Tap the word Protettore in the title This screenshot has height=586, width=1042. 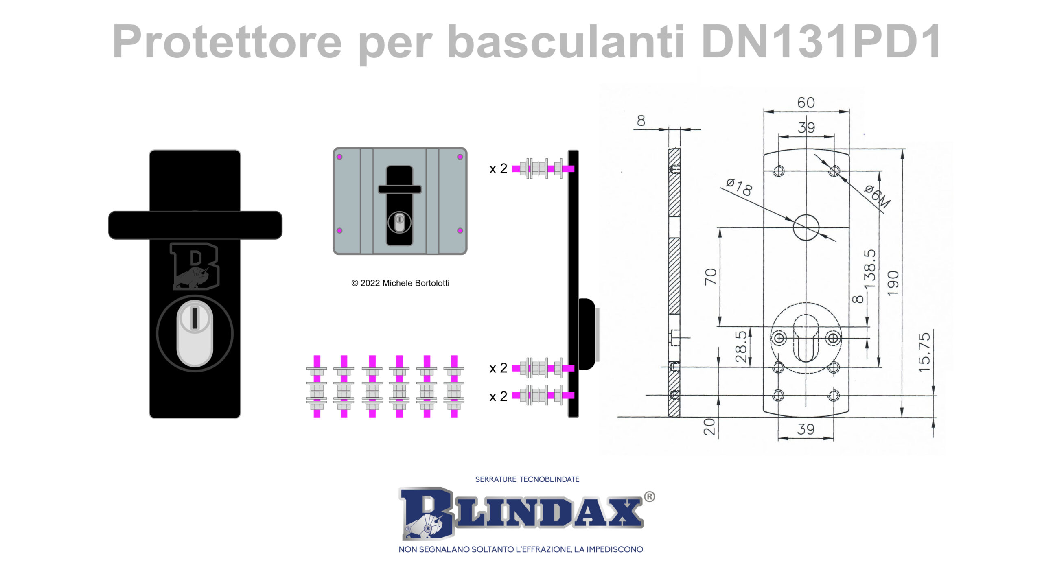coord(227,41)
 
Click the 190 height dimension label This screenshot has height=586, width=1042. coord(893,283)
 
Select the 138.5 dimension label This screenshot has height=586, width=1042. coord(869,269)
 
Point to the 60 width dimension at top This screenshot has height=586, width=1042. coord(806,103)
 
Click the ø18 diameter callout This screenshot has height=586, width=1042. coord(739,187)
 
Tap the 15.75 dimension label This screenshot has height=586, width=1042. coord(924,352)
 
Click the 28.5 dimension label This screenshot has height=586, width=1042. coord(741,346)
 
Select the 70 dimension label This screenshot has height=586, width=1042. coord(710,277)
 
